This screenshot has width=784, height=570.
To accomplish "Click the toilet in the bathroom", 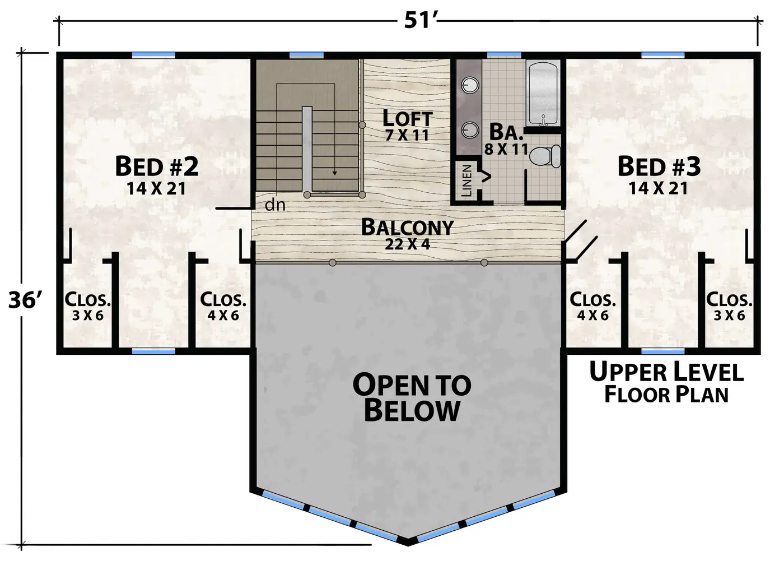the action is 545,156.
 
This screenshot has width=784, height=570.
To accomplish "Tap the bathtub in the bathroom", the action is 543,94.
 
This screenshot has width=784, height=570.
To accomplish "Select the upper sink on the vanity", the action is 470,85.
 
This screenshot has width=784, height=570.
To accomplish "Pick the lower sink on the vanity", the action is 470,130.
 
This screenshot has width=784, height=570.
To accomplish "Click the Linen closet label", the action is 466,181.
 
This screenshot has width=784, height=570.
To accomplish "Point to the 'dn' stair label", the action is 275,205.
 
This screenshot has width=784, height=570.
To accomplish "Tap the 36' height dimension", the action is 25,300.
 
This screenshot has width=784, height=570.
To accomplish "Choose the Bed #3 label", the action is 659,166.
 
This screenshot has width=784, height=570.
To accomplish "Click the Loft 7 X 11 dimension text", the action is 407,135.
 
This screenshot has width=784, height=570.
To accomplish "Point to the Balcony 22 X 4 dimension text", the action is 408,244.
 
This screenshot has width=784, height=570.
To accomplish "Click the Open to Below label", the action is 412,397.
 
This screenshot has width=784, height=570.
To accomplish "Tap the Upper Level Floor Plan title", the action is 666,382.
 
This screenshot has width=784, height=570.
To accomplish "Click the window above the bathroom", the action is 504,55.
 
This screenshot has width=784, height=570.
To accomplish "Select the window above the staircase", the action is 307,55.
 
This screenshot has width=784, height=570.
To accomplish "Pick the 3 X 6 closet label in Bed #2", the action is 88,316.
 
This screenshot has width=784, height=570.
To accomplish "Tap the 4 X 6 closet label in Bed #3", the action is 592,316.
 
